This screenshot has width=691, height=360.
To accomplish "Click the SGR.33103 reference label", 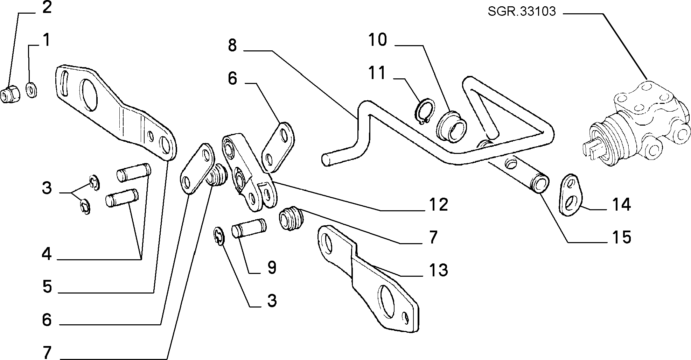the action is (522, 12).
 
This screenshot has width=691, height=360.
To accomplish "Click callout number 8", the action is (232, 45).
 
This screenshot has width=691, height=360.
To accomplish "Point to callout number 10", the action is (378, 40).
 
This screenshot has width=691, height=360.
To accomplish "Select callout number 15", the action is (621, 237).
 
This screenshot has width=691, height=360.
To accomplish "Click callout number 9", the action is (271, 268).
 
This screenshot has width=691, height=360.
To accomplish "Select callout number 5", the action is (47, 287).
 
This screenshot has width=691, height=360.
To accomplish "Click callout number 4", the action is (47, 254).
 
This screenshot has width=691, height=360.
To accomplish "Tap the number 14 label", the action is (621, 204).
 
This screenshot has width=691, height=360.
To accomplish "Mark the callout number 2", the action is (47, 7).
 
